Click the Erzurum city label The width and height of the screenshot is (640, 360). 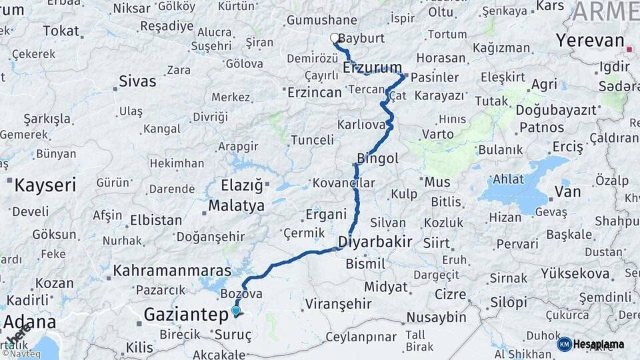click(x=373, y=67)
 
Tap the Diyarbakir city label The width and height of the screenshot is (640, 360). click(x=375, y=241)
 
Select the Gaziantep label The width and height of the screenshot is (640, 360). click(x=187, y=315)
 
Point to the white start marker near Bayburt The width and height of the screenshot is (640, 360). click(x=335, y=39)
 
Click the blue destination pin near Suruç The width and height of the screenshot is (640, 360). click(x=235, y=310)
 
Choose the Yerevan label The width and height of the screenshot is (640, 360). click(x=590, y=40)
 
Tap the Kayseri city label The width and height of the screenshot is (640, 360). click(x=46, y=185)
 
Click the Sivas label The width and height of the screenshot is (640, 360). click(x=137, y=81)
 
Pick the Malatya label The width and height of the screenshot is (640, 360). click(x=236, y=205)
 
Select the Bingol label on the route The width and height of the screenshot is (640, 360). click(x=377, y=159)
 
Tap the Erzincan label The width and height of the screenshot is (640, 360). click(x=314, y=93)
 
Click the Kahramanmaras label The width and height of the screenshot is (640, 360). click(x=172, y=271)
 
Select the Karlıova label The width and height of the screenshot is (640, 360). click(x=362, y=125)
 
